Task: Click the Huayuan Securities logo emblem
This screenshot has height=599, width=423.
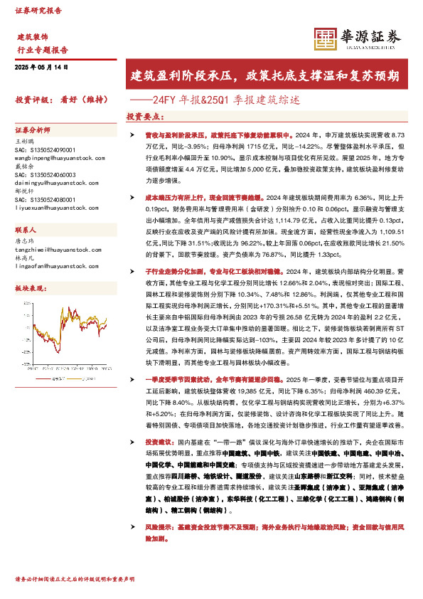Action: point(325,37)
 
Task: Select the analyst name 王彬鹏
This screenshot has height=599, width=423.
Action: point(24,142)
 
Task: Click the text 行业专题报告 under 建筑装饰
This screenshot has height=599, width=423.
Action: point(42,50)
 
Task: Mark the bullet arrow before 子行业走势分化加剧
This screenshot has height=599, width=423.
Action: point(132,272)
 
